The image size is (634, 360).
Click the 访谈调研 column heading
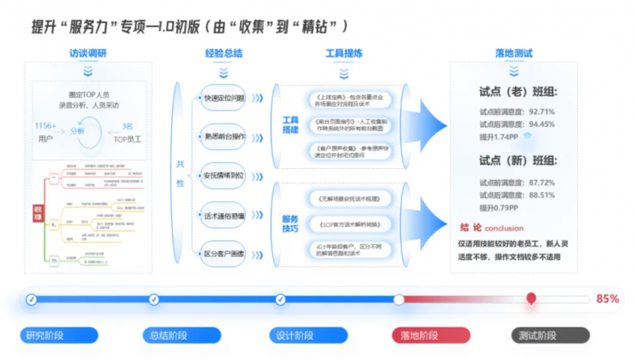click(89, 54)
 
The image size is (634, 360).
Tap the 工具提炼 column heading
click(344, 54)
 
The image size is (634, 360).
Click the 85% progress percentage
click(607, 299)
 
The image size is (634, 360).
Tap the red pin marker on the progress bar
click(531, 299)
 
